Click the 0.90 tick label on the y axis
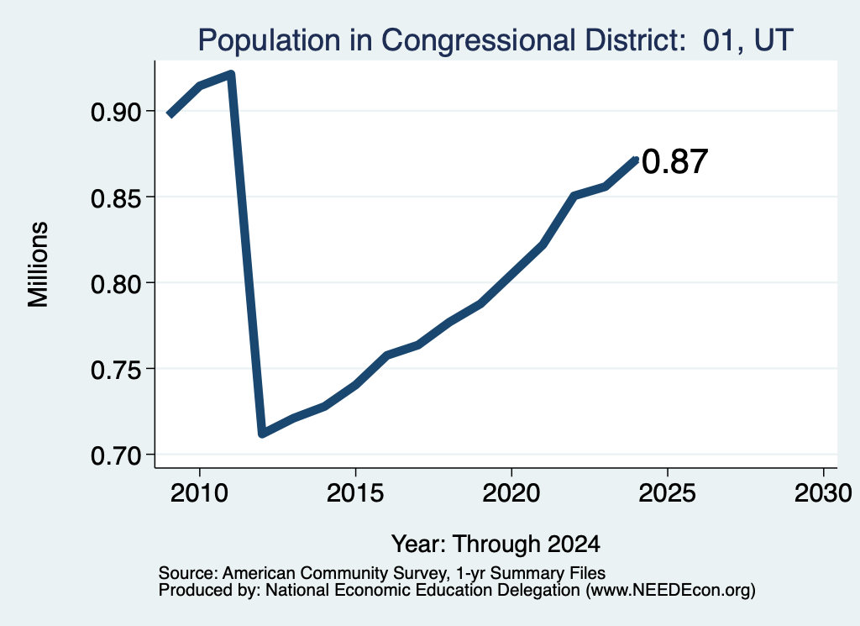click(116, 112)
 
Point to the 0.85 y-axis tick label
click(116, 197)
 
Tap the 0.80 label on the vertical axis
click(116, 284)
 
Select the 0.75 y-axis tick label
click(116, 370)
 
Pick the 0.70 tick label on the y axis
click(116, 455)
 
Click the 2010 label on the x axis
click(199, 493)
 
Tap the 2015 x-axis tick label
click(355, 493)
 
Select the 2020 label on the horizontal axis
click(511, 493)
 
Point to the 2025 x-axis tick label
click(668, 493)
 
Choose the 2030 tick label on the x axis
click(823, 493)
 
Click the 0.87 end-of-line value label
click(674, 162)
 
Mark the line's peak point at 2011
click(231, 74)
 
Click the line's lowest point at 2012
click(262, 434)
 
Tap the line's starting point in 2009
click(170, 114)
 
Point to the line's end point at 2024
click(637, 160)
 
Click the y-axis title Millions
click(38, 265)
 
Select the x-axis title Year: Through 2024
click(496, 544)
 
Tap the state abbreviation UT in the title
click(773, 40)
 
